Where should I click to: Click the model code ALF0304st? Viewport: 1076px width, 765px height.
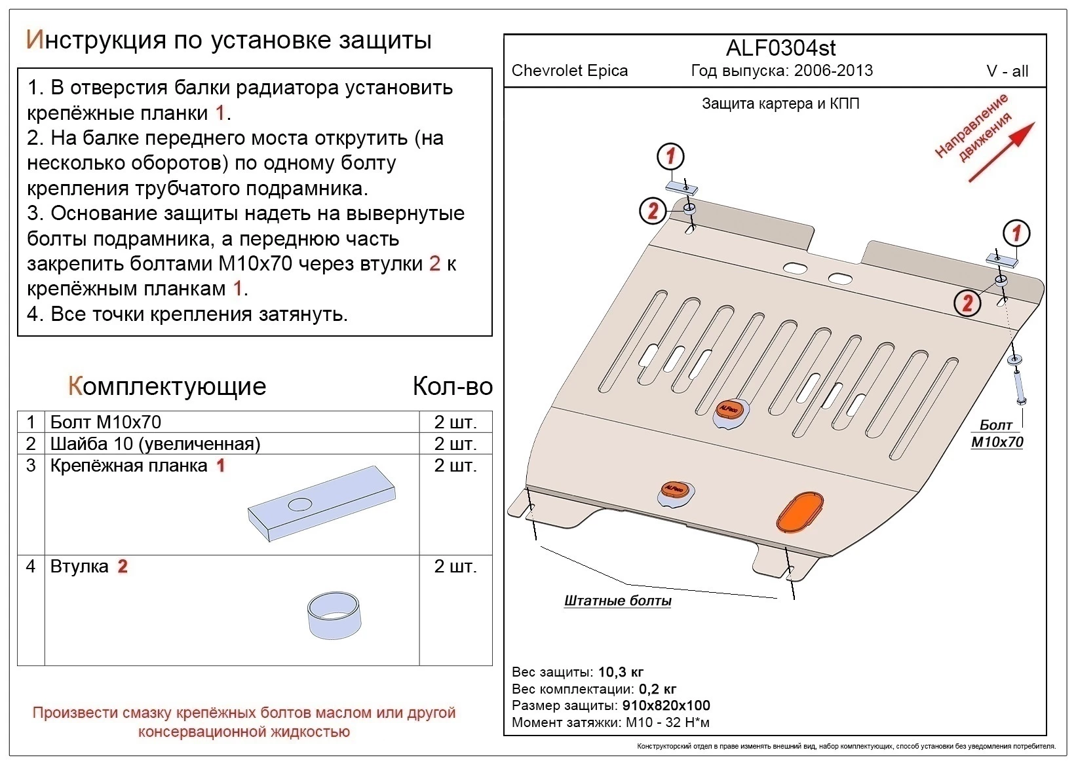point(780,48)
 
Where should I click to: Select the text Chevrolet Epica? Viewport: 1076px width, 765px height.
point(569,71)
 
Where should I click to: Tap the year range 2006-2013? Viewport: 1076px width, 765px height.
point(833,71)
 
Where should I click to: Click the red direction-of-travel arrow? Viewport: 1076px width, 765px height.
point(1001,152)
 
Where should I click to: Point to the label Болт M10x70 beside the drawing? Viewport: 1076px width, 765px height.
point(997,434)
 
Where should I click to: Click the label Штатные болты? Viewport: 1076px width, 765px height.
point(617,601)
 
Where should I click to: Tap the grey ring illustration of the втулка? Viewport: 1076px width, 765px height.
point(334,615)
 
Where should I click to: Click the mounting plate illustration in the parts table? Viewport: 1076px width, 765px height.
point(322,504)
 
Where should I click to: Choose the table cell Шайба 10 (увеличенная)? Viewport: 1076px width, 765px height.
point(155,444)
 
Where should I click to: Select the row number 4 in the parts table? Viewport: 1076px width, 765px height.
point(31,566)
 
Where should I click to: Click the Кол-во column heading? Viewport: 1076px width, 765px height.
point(452,386)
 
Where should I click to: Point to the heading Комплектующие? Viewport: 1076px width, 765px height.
point(167,386)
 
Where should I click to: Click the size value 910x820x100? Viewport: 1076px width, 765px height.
point(665,705)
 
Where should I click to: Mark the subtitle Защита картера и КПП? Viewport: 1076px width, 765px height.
point(780,103)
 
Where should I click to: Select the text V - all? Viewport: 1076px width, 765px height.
point(1007,71)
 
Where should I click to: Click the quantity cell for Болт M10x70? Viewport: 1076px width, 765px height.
point(455,422)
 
